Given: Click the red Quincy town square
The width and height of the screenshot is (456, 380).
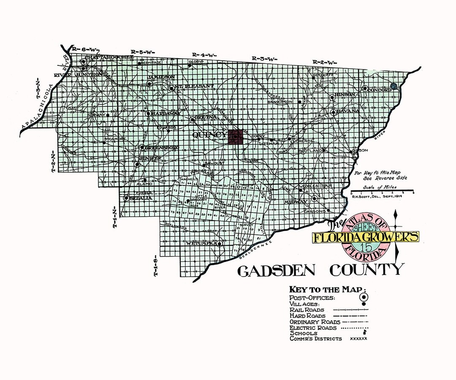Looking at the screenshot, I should click(235, 137).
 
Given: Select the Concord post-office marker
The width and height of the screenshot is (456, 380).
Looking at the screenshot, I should click(365, 89).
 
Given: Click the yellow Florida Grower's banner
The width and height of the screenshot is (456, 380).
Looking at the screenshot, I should click(366, 237).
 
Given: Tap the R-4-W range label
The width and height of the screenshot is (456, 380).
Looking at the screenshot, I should click(204, 55).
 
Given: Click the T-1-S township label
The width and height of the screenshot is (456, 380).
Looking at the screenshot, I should click(156, 265).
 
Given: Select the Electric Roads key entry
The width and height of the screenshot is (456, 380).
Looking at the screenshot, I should click(313, 328).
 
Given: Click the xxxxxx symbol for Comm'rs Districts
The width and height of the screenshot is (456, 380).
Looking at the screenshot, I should click(359, 339).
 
